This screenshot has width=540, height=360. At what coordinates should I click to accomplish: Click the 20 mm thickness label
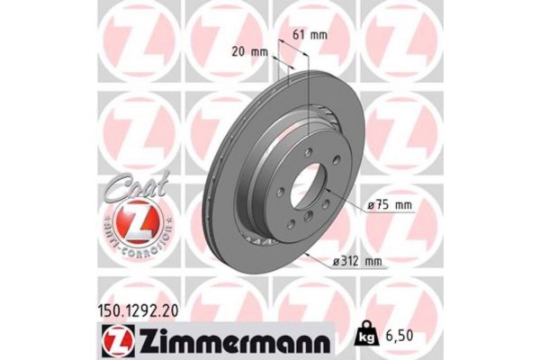click(x=251, y=51)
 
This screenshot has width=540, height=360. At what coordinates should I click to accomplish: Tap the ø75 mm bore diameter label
click(x=390, y=205)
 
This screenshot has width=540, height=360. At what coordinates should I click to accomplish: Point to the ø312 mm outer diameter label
click(x=358, y=263)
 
